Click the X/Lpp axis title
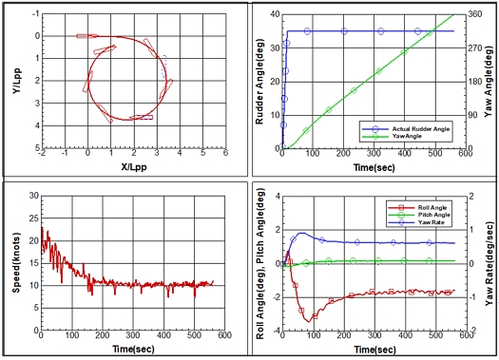coord(134,166)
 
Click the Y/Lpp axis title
coord(16,81)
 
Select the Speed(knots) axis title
coord(16,263)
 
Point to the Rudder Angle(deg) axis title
coord(260,82)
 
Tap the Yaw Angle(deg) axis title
coord(489,82)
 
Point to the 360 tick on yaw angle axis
coord(475,14)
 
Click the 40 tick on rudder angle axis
coord(275,14)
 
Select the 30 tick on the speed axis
coord(33,196)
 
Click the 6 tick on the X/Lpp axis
coord(225,153)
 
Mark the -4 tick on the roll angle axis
coord(277,331)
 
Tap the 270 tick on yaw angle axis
coord(475,48)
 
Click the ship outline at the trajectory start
coord(87,36)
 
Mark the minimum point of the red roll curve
coord(308,322)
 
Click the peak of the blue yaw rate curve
coord(301,233)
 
